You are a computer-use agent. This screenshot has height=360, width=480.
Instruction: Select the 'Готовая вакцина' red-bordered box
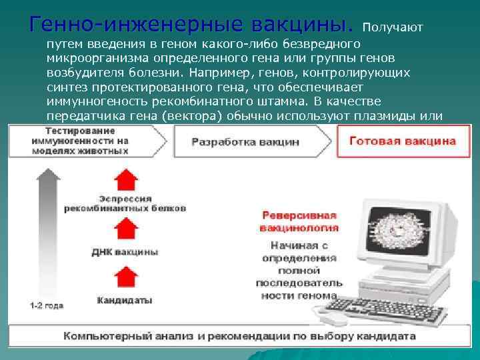pyautogui.click(x=403, y=141)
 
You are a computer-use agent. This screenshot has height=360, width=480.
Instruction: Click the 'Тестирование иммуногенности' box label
pyautogui.click(x=78, y=140)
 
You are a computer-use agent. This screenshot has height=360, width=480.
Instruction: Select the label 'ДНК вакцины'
pyautogui.click(x=125, y=252)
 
